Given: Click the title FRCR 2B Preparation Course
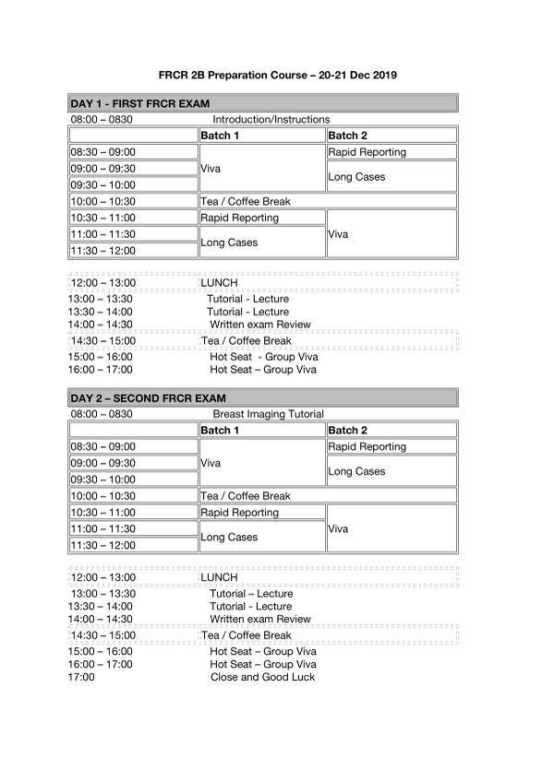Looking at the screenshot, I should pyautogui.click(x=278, y=75).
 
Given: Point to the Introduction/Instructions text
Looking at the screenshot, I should pyautogui.click(x=271, y=120).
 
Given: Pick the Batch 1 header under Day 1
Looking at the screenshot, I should pyautogui.click(x=221, y=136).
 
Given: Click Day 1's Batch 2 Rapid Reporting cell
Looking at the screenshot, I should pyautogui.click(x=367, y=152).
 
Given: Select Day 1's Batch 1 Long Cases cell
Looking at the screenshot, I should pyautogui.click(x=229, y=243).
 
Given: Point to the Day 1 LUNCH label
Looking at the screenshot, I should pyautogui.click(x=219, y=282).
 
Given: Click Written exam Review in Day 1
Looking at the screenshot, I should pyautogui.click(x=260, y=325).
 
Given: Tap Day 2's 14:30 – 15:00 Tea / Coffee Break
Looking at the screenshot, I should pyautogui.click(x=246, y=635).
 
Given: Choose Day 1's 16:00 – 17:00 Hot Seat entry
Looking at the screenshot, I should pyautogui.click(x=263, y=370).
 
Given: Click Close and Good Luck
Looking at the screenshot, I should pyautogui.click(x=262, y=677).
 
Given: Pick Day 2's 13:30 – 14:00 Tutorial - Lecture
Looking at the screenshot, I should pyautogui.click(x=250, y=607).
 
